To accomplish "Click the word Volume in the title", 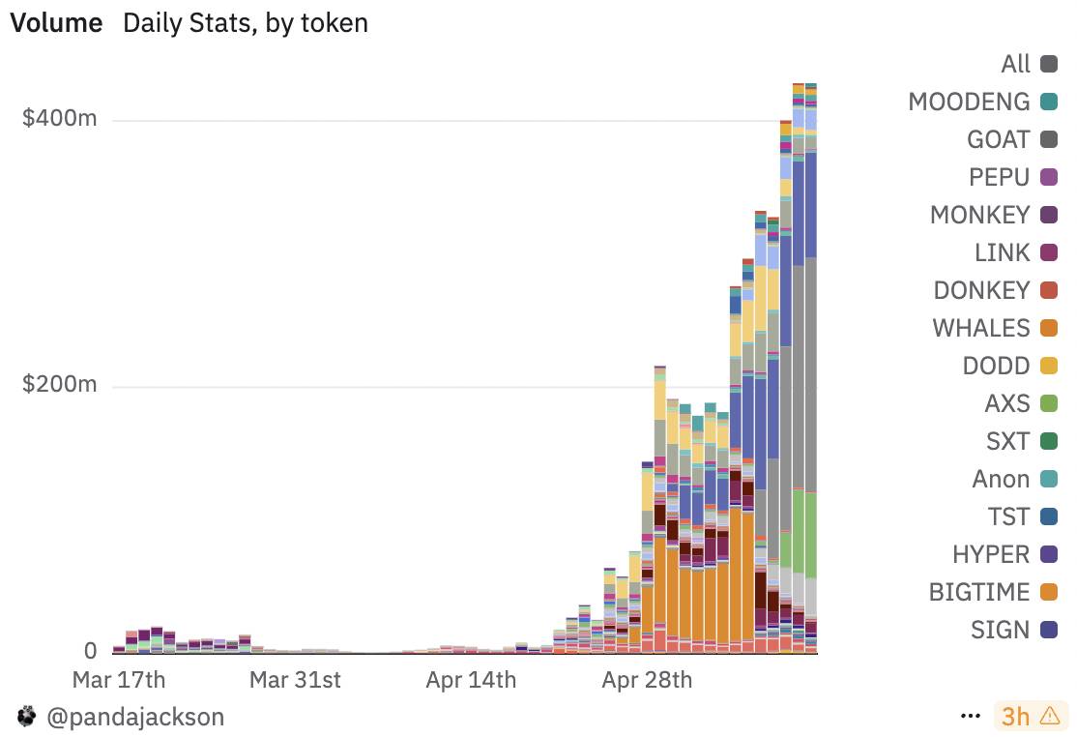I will (56, 23).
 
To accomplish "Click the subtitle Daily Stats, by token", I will (246, 23).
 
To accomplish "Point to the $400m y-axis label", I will (60, 119).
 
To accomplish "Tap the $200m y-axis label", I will (60, 385).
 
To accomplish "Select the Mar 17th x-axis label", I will (119, 679).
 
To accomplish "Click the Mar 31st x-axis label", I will (295, 679).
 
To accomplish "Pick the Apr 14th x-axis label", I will (471, 679).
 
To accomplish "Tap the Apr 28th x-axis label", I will (647, 679).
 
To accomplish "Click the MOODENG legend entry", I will (969, 102).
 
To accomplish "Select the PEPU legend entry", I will (999, 177).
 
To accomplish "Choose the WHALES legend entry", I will (981, 328).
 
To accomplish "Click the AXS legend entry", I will (1007, 403).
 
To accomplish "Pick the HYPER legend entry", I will (991, 554).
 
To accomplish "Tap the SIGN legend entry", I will (1000, 630).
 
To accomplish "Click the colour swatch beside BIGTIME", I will (1048, 592).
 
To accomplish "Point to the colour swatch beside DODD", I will (1048, 366).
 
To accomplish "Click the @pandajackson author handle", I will (134, 717).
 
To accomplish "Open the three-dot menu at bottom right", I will (971, 717).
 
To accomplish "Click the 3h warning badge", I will (1029, 717).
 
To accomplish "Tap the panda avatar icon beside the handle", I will (26, 717).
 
